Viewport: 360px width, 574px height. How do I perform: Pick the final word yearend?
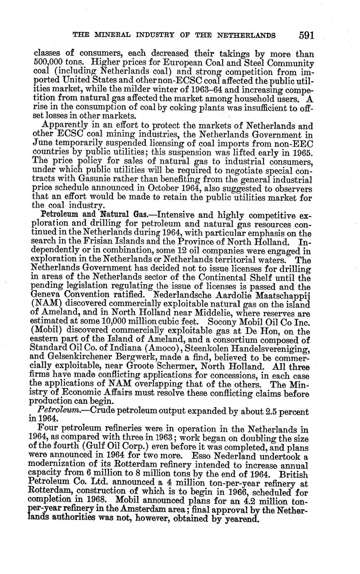coord(240,520)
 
